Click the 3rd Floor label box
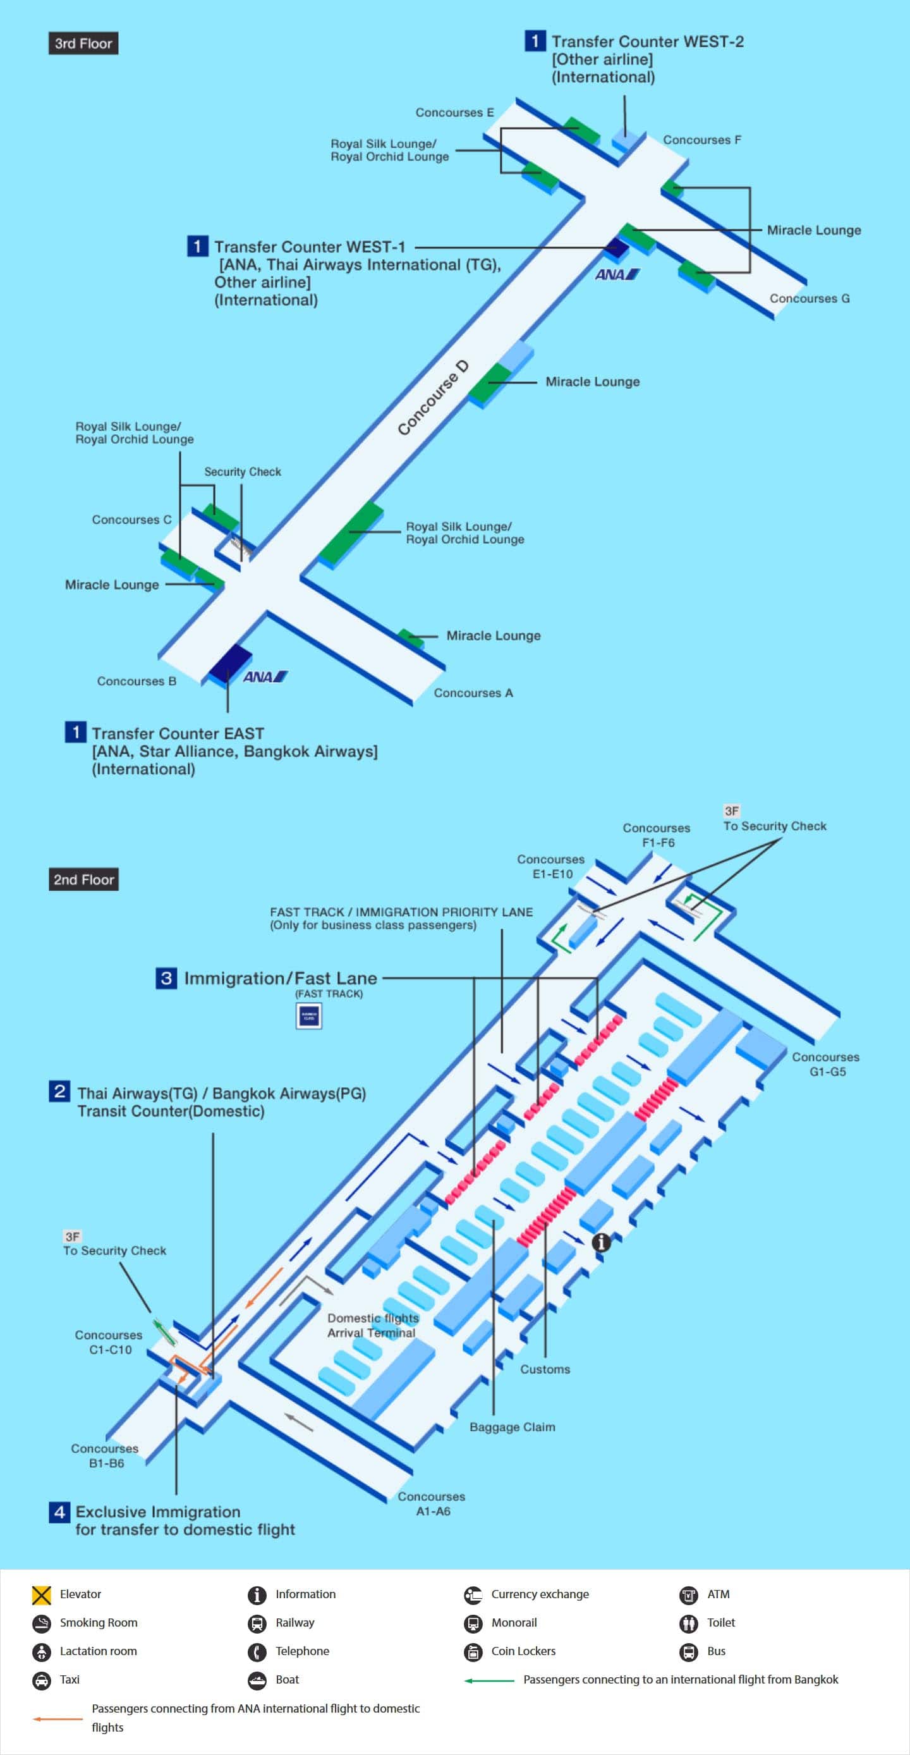pyautogui.click(x=83, y=44)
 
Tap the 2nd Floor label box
pyautogui.click(x=83, y=879)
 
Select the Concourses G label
pyautogui.click(x=809, y=298)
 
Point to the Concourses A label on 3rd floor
pyautogui.click(x=473, y=693)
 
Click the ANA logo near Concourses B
pyautogui.click(x=265, y=676)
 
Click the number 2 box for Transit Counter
pyautogui.click(x=59, y=1091)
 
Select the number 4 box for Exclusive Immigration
pyautogui.click(x=59, y=1512)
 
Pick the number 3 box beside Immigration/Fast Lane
pyautogui.click(x=166, y=978)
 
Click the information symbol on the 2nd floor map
pyautogui.click(x=601, y=1242)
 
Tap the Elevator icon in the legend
pyautogui.click(x=42, y=1595)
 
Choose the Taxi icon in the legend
pyautogui.click(x=42, y=1680)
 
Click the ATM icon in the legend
pyautogui.click(x=689, y=1595)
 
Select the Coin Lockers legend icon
pyautogui.click(x=473, y=1651)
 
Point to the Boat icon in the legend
pyautogui.click(x=257, y=1680)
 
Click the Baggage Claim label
pyautogui.click(x=513, y=1428)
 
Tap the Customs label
pyautogui.click(x=545, y=1369)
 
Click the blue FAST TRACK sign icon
pyautogui.click(x=308, y=1016)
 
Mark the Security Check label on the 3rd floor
pyautogui.click(x=243, y=472)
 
